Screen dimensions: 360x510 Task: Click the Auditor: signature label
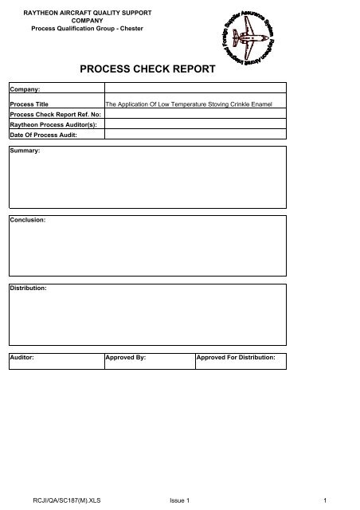click(x=22, y=358)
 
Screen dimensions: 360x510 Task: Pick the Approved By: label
click(x=126, y=358)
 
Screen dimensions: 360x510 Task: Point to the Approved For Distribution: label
click(x=236, y=358)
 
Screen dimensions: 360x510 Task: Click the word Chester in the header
click(x=132, y=29)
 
